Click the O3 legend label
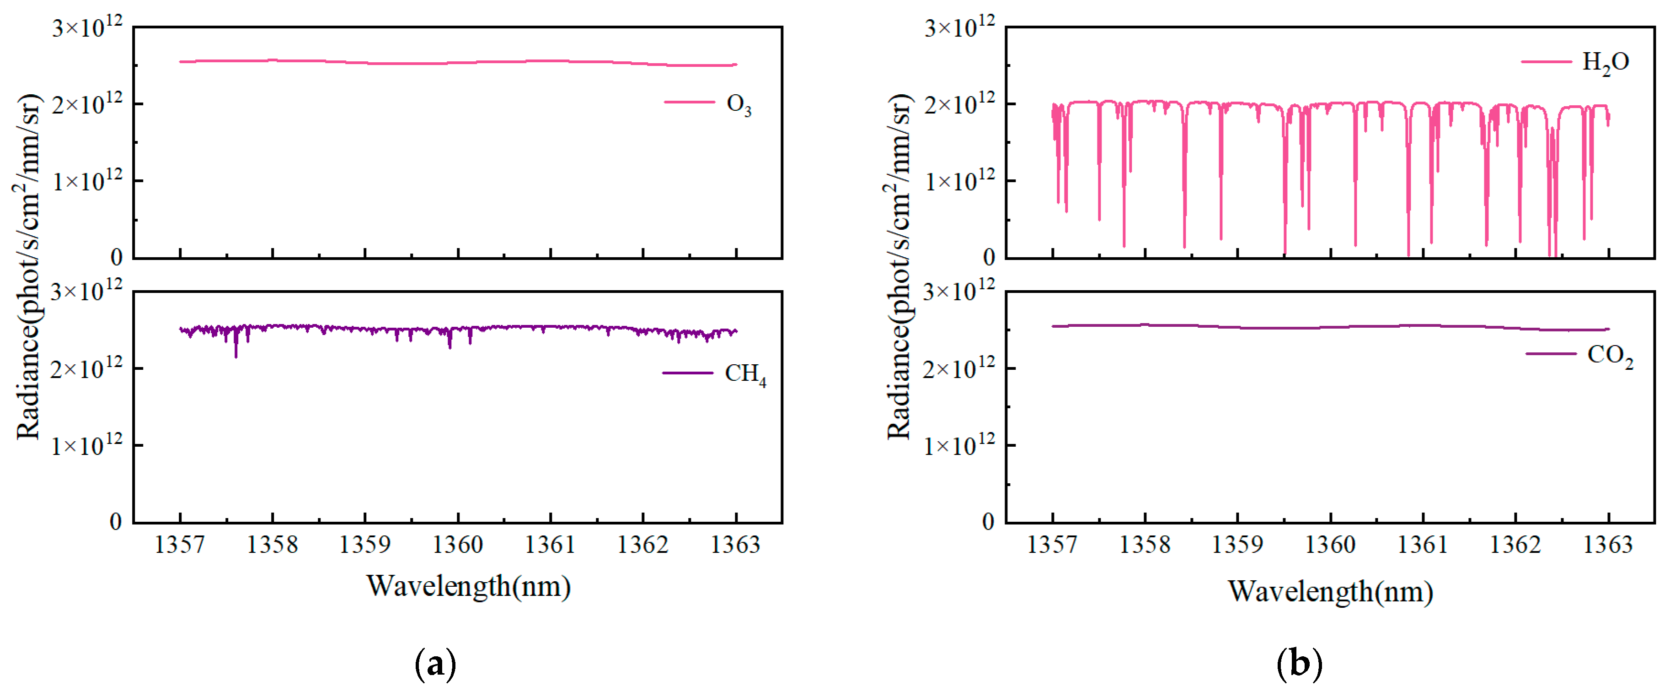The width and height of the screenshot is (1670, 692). [739, 104]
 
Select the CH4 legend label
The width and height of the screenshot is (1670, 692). [745, 374]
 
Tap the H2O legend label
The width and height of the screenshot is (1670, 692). [1605, 63]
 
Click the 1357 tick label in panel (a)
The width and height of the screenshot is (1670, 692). [180, 545]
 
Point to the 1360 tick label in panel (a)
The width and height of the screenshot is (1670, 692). [458, 545]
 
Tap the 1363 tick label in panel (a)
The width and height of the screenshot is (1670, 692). [735, 545]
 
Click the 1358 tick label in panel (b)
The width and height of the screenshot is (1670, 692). [1145, 545]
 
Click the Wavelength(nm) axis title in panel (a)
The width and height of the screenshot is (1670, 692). [468, 586]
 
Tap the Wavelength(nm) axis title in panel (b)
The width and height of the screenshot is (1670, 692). [1330, 591]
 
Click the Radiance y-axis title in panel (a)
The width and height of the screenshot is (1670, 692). [28, 266]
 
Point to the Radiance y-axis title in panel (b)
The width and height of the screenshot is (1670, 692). [899, 266]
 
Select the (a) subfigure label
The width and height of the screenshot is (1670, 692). [435, 665]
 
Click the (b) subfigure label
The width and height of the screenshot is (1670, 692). [1299, 665]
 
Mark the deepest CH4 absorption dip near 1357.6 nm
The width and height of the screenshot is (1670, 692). [236, 354]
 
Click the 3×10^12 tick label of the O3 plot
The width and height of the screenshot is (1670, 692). [87, 28]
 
